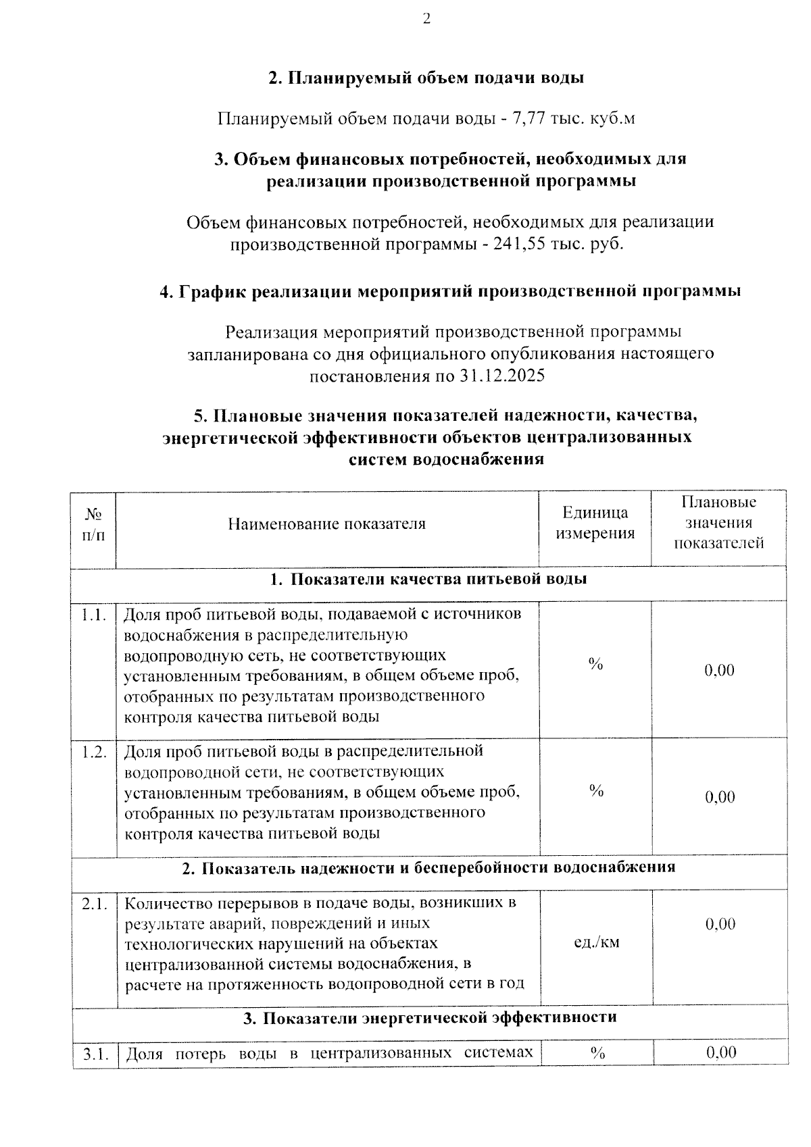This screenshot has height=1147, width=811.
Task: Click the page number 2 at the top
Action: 426,19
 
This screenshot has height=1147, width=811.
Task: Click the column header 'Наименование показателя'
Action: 326,524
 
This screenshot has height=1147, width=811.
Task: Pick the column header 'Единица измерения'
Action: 595,524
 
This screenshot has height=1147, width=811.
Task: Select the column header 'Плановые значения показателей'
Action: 718,523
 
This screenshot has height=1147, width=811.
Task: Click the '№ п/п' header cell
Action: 94,524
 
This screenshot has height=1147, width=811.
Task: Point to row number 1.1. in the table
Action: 94,615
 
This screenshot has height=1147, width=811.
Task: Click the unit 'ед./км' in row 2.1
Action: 596,942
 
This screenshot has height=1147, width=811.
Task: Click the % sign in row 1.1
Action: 595,665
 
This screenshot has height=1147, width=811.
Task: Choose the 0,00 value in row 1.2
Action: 720,797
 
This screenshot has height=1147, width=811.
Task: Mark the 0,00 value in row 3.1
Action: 720,1052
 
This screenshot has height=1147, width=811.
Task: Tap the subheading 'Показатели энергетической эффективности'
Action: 439,1017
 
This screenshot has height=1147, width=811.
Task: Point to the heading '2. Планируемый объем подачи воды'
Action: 426,78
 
